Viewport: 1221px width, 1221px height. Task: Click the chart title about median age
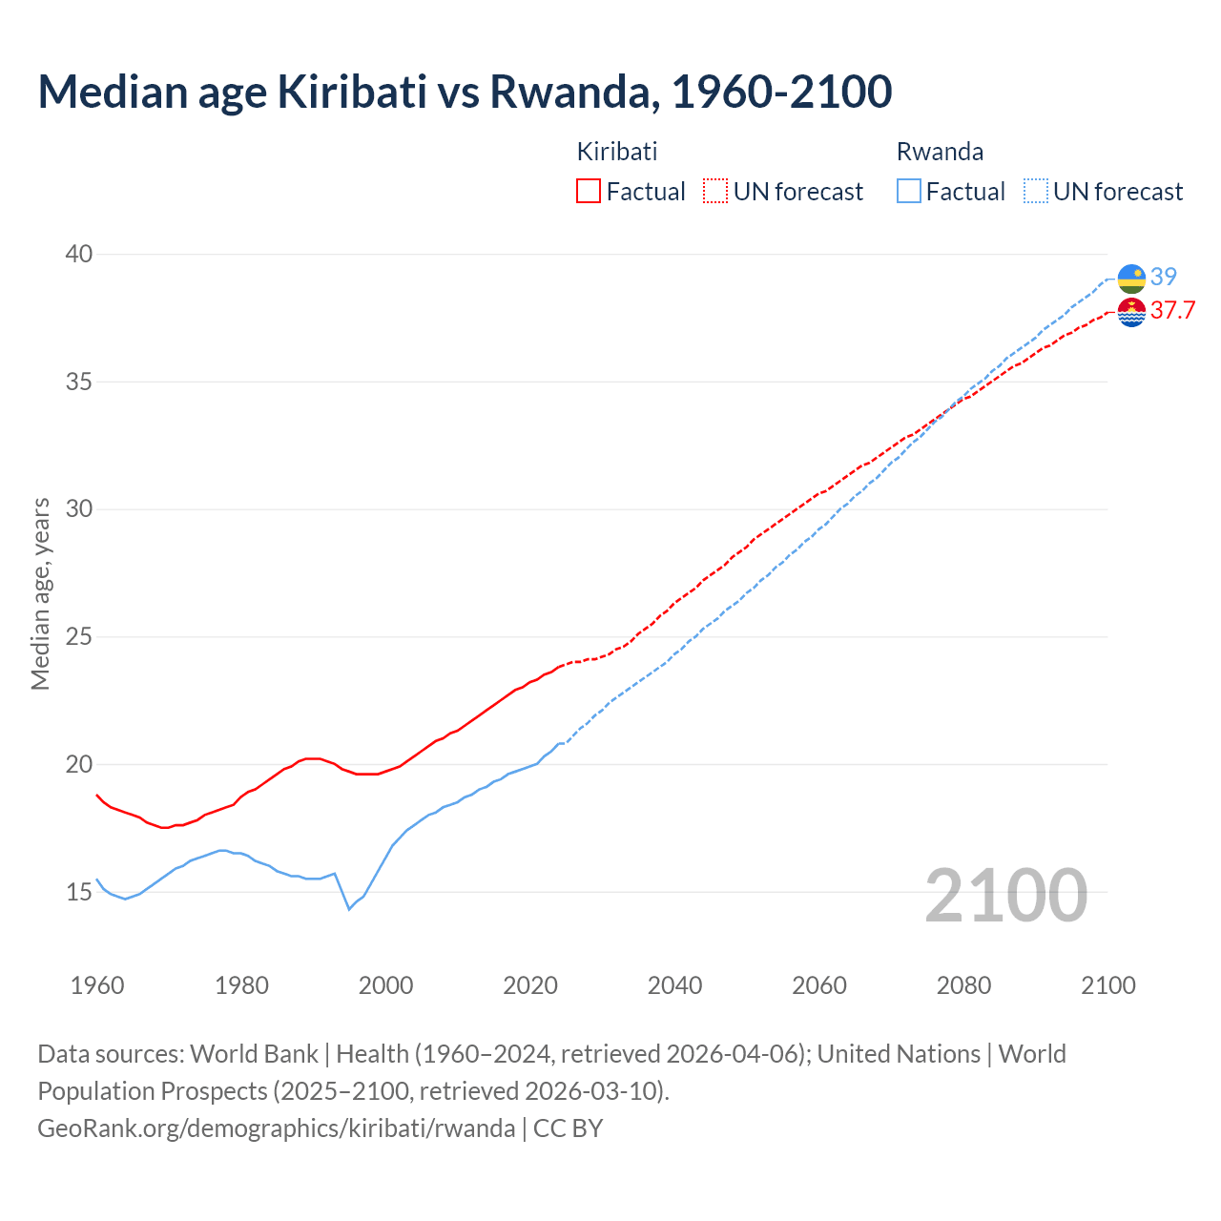click(x=465, y=92)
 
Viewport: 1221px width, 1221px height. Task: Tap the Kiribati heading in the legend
click(x=617, y=152)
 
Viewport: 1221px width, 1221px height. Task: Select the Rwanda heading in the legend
click(x=940, y=152)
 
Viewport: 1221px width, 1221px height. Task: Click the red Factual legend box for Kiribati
click(x=589, y=192)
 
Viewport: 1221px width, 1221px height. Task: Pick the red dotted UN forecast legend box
click(x=715, y=192)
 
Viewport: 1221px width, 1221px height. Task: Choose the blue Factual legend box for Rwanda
click(x=909, y=192)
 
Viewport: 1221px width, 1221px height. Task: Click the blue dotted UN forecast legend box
click(x=1036, y=192)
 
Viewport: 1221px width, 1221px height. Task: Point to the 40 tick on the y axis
click(x=79, y=254)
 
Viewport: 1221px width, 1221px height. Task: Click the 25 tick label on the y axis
click(x=79, y=636)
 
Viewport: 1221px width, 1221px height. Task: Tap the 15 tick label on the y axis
click(x=79, y=892)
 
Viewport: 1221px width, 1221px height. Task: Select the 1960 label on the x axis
click(x=97, y=985)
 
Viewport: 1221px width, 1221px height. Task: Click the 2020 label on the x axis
click(x=530, y=985)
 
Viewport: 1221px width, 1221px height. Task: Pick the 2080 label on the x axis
click(x=963, y=985)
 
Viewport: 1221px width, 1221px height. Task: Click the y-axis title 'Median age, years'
click(x=40, y=593)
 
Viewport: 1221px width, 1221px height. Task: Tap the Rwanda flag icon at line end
click(x=1131, y=279)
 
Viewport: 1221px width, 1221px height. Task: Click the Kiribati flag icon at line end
click(x=1131, y=312)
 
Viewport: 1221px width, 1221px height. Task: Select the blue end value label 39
click(x=1164, y=277)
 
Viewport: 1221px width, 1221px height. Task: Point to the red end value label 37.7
click(x=1172, y=311)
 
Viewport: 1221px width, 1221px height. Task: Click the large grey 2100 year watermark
click(x=1005, y=896)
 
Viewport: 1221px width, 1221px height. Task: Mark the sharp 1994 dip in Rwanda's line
click(x=349, y=909)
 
